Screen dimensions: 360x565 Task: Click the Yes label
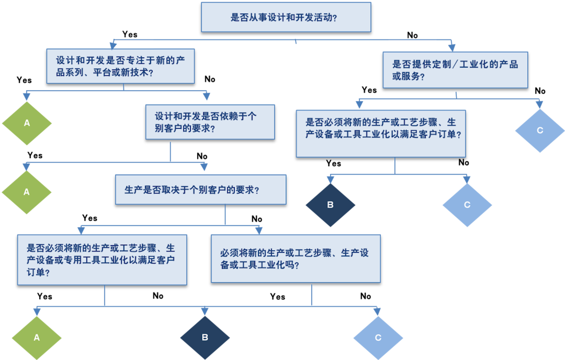coord(130,35)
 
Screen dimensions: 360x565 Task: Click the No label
coord(412,35)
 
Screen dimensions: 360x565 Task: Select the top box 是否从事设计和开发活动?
coord(286,17)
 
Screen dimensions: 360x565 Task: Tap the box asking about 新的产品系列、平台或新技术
coord(120,66)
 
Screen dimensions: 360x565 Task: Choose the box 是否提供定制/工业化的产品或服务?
coord(455,70)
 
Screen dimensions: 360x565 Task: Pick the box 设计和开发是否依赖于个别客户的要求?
coord(210,122)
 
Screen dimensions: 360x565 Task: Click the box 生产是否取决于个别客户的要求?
coord(201,190)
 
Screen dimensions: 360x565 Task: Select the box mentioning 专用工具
coord(102,260)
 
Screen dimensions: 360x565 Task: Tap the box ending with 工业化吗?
coord(296,259)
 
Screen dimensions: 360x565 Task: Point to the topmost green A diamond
coord(27,123)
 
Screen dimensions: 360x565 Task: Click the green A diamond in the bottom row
coord(36,337)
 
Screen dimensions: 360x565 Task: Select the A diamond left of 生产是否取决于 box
coord(27,192)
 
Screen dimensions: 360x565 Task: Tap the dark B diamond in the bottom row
coord(205,337)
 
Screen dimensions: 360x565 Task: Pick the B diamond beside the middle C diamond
coord(330,205)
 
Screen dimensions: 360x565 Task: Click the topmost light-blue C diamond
coord(540,131)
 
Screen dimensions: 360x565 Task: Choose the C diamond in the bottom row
coord(378,337)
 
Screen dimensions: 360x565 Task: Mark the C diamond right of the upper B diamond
coord(467,205)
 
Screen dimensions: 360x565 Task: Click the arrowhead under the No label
coord(452,48)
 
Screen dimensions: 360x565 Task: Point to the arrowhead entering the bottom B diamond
coord(205,311)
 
